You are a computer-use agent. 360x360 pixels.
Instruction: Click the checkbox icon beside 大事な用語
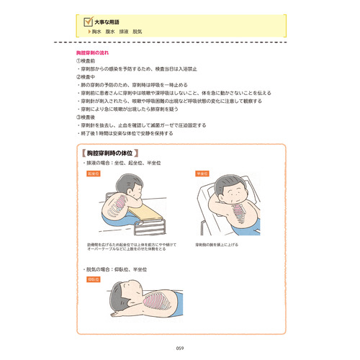[x=88, y=23]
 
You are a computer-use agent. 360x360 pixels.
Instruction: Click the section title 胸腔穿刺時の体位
[x=114, y=154]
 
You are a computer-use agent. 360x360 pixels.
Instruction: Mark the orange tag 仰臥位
[x=92, y=279]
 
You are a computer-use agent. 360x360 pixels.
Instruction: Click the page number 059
[x=180, y=348]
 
